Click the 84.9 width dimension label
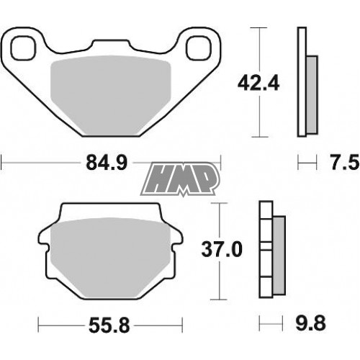pos(107,163)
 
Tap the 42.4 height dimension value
pos(258,83)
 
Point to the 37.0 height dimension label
pos(222,249)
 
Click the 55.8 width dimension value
pos(109,325)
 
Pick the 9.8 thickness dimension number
pos(311,323)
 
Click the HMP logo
pos(180,179)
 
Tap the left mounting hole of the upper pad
pos(24,48)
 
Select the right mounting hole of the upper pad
pos(199,48)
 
